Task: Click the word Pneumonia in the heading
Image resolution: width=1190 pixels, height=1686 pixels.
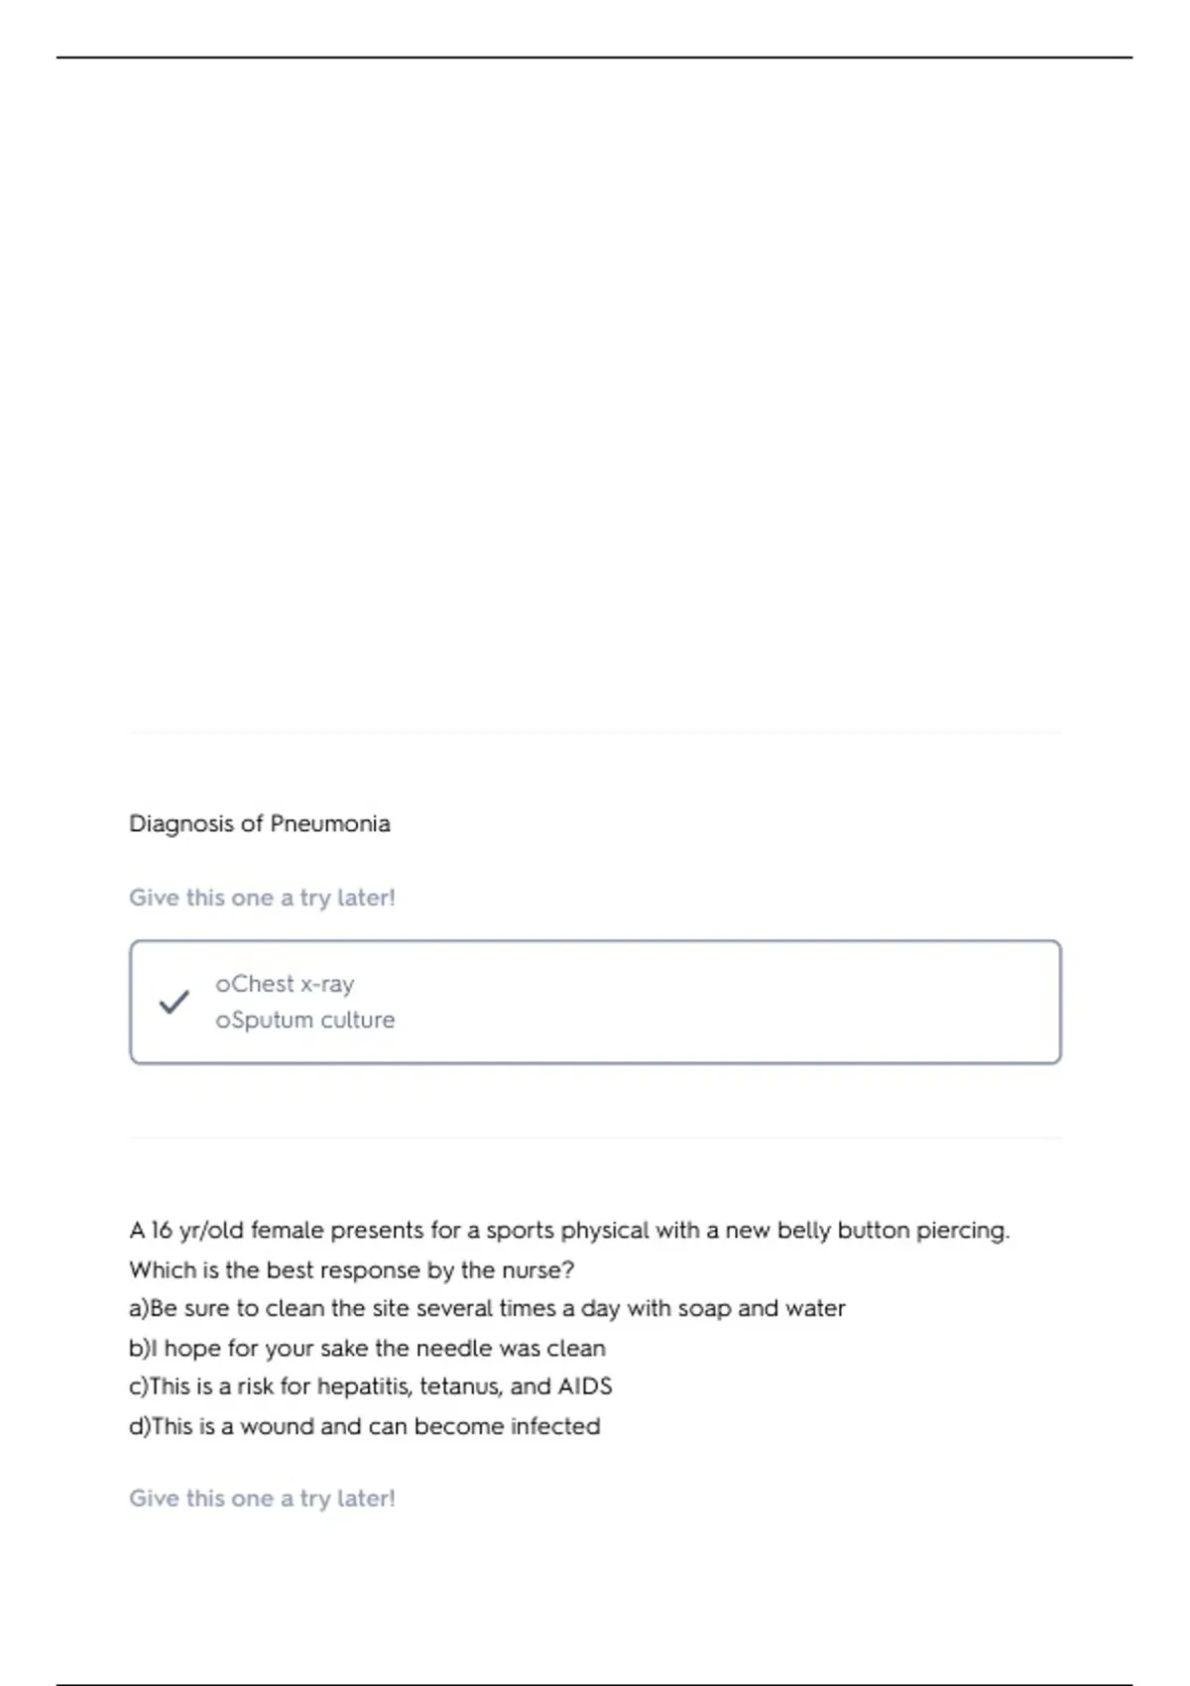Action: [330, 824]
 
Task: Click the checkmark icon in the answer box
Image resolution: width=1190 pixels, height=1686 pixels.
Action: [174, 1002]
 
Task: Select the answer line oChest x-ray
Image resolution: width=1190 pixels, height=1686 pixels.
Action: [285, 984]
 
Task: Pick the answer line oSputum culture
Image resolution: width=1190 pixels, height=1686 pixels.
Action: [304, 1020]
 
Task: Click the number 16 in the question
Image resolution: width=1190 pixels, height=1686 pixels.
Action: [162, 1231]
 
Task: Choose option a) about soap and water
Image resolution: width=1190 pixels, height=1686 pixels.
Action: [487, 1309]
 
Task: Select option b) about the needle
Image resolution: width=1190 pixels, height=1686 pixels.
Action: [367, 1349]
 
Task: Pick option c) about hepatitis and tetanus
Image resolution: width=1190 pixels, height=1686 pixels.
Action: [370, 1386]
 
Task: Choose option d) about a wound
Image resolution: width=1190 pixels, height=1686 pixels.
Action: [364, 1426]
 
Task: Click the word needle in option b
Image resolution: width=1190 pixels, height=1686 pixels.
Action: [451, 1349]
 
